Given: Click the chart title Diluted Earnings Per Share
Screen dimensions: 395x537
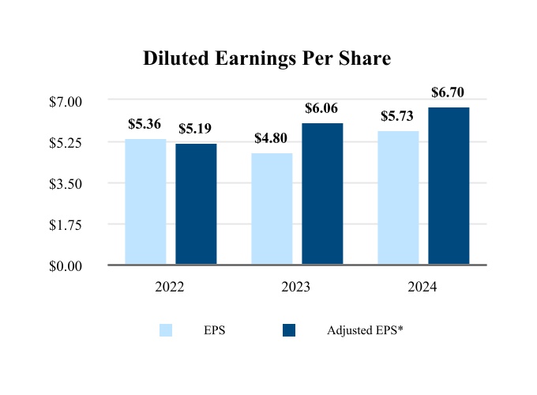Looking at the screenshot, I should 267,59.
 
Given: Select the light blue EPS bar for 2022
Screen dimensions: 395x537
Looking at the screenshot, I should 146,201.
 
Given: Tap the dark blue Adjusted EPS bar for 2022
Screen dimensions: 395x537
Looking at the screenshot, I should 196,204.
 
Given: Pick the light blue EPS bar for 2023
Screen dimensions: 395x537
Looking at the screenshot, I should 272,209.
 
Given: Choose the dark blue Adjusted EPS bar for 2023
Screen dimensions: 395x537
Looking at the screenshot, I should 322,194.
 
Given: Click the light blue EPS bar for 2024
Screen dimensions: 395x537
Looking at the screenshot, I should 398,197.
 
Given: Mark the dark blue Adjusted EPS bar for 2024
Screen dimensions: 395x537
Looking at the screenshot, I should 449,186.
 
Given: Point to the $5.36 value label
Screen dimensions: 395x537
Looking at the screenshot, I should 145,124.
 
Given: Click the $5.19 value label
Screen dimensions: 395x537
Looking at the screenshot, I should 195,129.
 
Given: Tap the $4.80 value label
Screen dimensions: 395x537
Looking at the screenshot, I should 271,138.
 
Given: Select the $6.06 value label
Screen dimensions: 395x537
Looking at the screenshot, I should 321,108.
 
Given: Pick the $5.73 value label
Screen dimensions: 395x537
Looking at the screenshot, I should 397,116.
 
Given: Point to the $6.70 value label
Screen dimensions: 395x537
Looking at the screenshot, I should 448,92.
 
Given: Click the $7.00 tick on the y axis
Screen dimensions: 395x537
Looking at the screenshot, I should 66,101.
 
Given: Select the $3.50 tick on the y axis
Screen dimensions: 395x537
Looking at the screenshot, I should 66,183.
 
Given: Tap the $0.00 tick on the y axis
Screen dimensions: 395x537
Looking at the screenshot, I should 66,265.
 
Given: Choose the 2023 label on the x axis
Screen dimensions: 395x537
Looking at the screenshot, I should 296,287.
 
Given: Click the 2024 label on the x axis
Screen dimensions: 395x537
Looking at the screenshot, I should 422,287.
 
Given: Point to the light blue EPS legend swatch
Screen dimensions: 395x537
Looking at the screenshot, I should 166,330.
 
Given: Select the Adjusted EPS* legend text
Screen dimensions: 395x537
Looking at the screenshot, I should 365,330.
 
